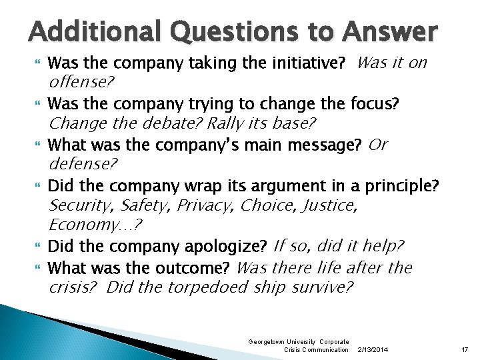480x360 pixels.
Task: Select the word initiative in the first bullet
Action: pyautogui.click(x=309, y=65)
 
